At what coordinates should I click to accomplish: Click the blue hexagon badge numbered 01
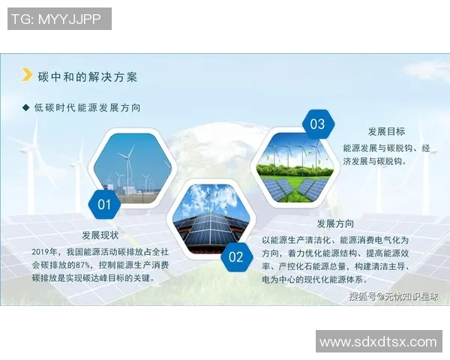(104, 203)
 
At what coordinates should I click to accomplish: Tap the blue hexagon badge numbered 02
(236, 257)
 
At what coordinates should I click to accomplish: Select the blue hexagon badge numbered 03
(317, 124)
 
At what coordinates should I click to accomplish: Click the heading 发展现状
(100, 235)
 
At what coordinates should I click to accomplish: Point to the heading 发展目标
(386, 131)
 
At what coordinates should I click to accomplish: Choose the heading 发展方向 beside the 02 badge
(335, 223)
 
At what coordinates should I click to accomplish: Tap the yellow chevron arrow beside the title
(28, 75)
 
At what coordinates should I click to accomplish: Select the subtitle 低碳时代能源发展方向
(88, 108)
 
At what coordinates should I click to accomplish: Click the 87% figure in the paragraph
(84, 264)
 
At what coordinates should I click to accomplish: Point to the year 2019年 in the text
(45, 251)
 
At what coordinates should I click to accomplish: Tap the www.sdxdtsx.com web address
(377, 342)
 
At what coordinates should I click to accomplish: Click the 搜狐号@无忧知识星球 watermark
(394, 296)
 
